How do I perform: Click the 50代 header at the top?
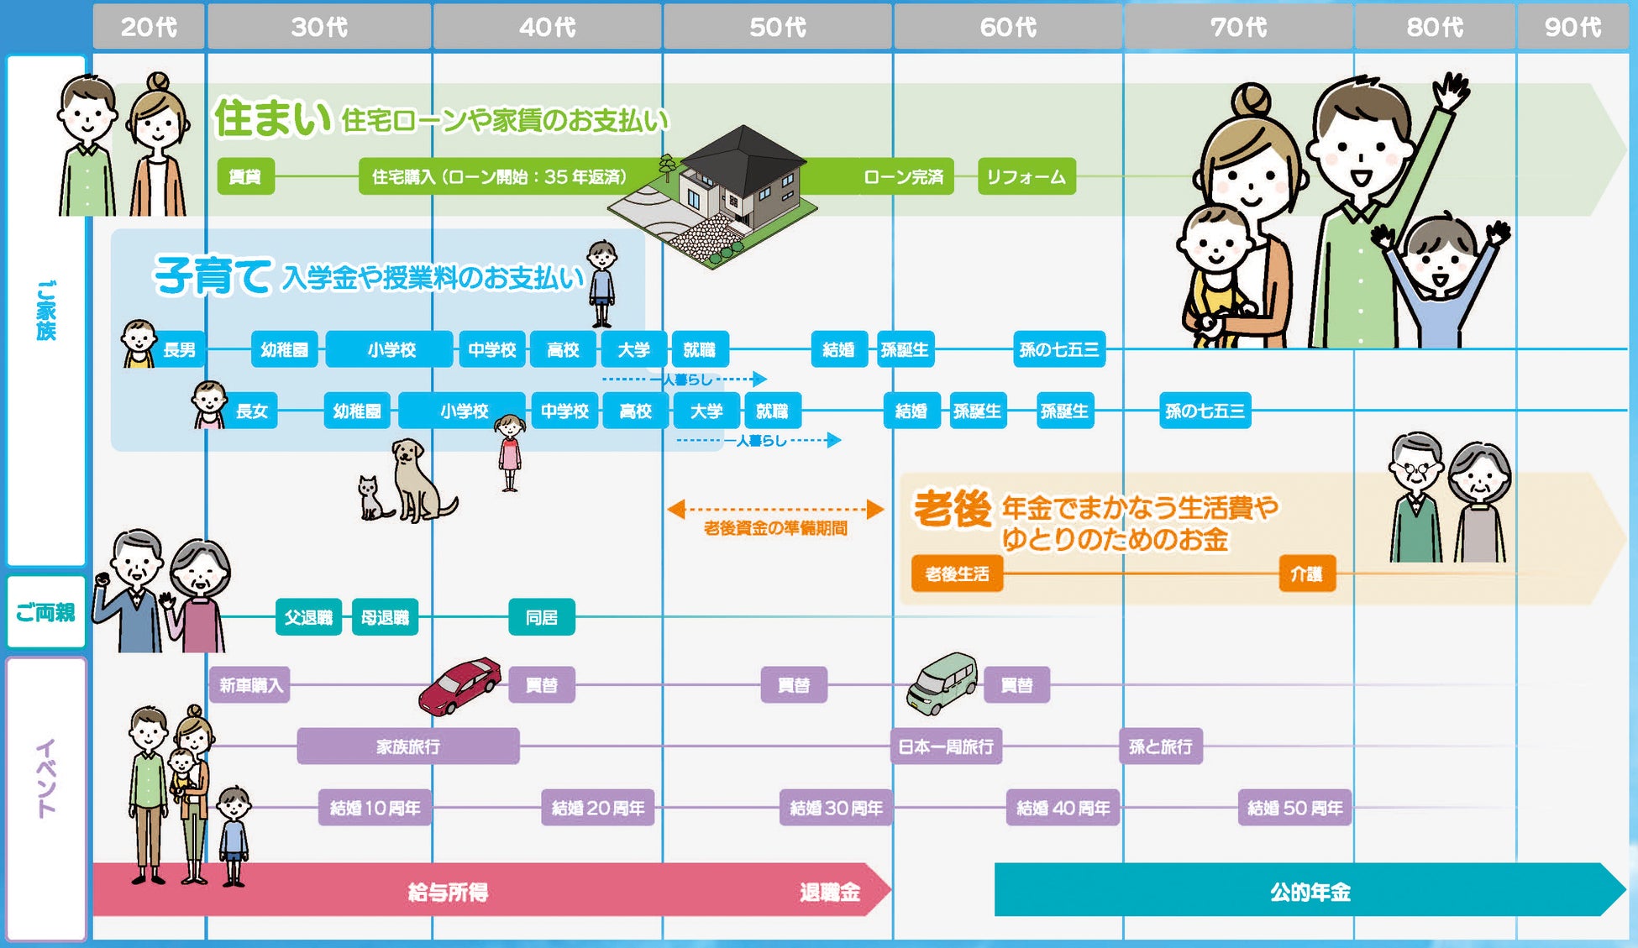pos(777,28)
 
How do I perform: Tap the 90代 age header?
pos(1572,28)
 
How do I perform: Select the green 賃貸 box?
pos(245,177)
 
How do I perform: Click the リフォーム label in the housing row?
pos(1026,177)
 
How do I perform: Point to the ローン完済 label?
pos(903,177)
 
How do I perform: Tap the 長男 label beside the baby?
pos(179,349)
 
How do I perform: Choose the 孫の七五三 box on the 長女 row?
pos(1205,411)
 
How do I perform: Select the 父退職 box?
pos(308,618)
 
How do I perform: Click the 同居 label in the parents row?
pos(542,618)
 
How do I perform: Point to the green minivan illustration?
pos(942,682)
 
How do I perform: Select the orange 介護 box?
pos(1306,574)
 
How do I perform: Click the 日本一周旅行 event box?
pos(946,746)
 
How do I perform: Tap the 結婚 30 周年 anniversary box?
pos(836,808)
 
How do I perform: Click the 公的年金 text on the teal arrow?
pos(1310,892)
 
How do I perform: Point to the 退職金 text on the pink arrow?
pos(829,892)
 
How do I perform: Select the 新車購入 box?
pos(250,685)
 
